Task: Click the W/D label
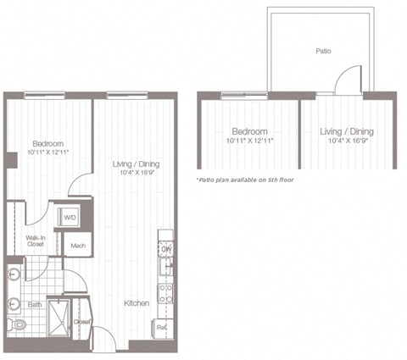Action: [69, 218]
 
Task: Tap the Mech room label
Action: [78, 246]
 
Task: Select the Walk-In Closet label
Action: [35, 242]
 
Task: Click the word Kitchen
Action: [137, 302]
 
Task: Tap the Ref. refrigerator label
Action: [160, 325]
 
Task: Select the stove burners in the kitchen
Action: [166, 293]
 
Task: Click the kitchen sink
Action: [167, 268]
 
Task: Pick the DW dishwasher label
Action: [166, 249]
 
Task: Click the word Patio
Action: [323, 51]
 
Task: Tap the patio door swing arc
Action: [346, 80]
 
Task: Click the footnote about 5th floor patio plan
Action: [244, 180]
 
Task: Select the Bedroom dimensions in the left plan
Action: [47, 152]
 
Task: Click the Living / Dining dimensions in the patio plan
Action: [346, 141]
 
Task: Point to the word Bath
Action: [34, 303]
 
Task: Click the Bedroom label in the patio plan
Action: [250, 131]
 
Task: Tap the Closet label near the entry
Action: [81, 322]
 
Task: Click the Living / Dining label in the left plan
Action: [136, 163]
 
